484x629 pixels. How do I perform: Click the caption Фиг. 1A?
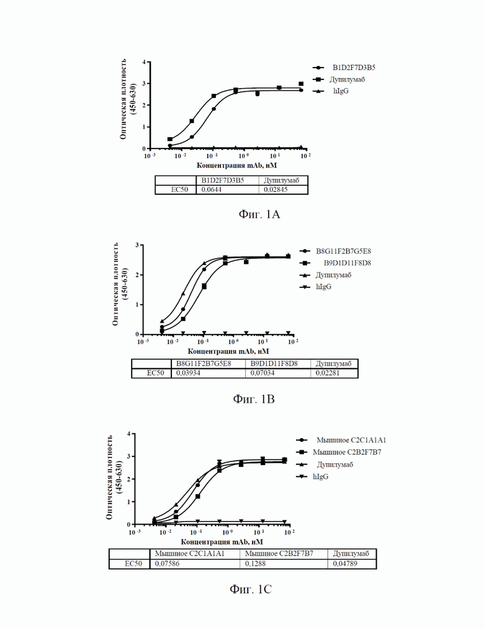tap(259, 215)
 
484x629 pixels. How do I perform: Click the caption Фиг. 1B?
tap(253, 399)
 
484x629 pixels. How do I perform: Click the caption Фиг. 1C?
tap(251, 589)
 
